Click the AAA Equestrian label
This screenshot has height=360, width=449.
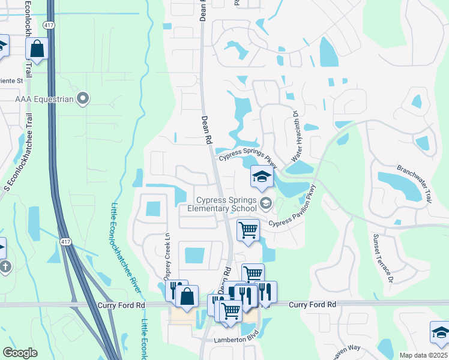(44, 98)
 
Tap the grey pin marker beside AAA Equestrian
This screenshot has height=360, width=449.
(83, 98)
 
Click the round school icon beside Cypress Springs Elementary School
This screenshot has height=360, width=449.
(265, 204)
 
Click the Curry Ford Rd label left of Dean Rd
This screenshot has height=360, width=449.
(121, 305)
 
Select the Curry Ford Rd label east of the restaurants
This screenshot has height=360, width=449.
(312, 305)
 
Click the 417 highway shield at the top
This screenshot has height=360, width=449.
(48, 25)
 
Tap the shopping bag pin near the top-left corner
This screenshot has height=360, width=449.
(37, 49)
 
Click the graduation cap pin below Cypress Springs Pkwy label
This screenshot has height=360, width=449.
(262, 177)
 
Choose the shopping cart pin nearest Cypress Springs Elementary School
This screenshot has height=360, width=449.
(248, 230)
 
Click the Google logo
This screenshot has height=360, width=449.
(20, 353)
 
